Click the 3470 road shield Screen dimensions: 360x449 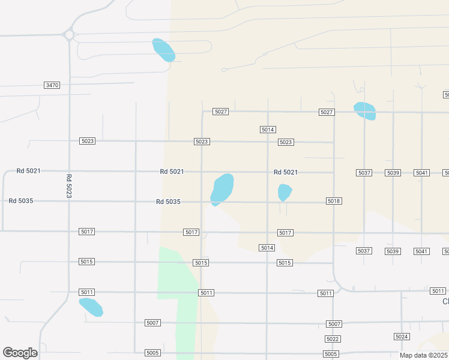(x=52, y=85)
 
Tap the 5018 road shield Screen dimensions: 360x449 (x=334, y=201)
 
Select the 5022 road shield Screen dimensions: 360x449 (x=333, y=339)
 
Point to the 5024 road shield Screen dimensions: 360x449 (x=402, y=337)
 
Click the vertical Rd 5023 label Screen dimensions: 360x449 (x=69, y=186)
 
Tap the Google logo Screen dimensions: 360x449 (x=20, y=353)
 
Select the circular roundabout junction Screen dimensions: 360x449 (x=68, y=35)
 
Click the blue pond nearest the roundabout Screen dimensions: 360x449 (x=163, y=50)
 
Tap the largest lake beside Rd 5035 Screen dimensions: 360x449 (x=222, y=188)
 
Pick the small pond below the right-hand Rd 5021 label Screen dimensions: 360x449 (x=285, y=193)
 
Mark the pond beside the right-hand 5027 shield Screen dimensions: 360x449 (x=365, y=111)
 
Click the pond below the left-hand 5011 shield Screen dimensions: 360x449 (x=91, y=307)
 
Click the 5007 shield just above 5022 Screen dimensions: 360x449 (x=334, y=324)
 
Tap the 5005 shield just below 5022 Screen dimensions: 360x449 (x=331, y=354)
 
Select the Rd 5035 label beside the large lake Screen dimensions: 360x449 (x=168, y=202)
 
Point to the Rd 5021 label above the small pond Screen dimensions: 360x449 (x=286, y=172)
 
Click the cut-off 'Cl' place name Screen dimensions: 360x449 (x=445, y=301)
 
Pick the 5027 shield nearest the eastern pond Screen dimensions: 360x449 (x=327, y=112)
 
